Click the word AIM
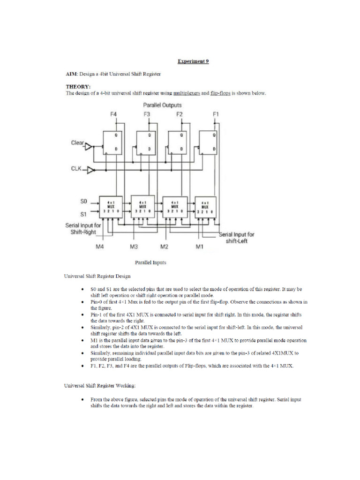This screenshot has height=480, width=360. tap(71, 74)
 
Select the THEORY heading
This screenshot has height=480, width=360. tap(78, 87)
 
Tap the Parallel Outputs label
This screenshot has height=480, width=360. tap(162, 105)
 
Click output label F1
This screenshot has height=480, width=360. tap(216, 114)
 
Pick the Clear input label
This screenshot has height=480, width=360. tap(77, 143)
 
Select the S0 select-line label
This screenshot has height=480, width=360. tap(83, 202)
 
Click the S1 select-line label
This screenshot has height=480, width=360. tap(83, 214)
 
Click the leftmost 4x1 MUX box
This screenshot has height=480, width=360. tap(111, 207)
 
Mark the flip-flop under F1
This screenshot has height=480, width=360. tap(209, 142)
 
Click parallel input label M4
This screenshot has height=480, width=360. tap(99, 247)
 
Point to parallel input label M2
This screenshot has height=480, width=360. tap(164, 247)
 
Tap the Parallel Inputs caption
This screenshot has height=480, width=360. tap(150, 262)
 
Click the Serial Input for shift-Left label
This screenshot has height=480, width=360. tap(237, 238)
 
